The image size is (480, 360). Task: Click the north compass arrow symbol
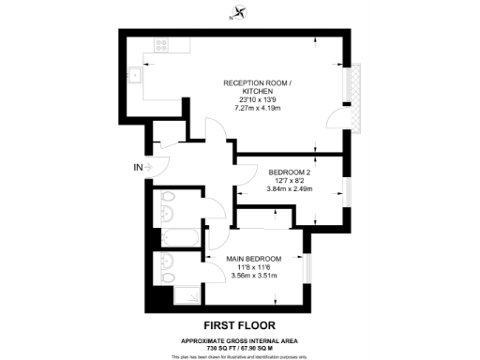[242, 13]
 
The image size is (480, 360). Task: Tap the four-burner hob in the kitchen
[161, 44]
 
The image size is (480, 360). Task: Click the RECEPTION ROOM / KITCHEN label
[258, 87]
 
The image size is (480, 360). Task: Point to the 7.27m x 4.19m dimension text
[258, 108]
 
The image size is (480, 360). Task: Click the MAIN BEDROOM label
[253, 257]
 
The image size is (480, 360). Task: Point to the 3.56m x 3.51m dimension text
[253, 276]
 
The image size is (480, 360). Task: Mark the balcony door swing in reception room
[333, 116]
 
